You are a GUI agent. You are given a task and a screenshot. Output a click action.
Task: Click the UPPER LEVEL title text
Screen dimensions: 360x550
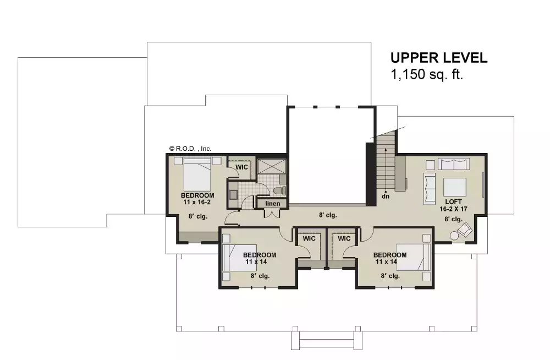[x=439, y=58]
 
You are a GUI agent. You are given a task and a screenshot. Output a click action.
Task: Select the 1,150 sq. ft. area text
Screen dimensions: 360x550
[x=427, y=75]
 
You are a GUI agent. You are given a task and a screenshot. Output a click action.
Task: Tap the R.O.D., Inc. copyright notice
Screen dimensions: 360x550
[x=190, y=148]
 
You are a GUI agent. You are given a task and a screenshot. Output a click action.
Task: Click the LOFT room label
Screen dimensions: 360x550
[x=454, y=202]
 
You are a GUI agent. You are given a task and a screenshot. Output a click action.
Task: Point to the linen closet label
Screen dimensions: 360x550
[x=273, y=204]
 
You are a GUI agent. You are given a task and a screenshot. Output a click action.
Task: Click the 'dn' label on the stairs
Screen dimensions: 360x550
[x=387, y=195]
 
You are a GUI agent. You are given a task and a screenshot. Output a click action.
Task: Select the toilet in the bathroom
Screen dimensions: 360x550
[x=279, y=190]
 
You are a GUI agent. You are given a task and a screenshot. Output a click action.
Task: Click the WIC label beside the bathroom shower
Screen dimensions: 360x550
[x=242, y=166]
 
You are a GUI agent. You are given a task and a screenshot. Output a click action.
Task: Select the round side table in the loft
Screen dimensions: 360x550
[x=454, y=236]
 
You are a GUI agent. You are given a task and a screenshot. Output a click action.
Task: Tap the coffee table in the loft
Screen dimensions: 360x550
[x=454, y=188]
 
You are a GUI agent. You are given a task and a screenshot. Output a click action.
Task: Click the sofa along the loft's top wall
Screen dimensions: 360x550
[x=454, y=165]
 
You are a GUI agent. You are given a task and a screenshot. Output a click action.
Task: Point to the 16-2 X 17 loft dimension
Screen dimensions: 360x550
[x=454, y=209]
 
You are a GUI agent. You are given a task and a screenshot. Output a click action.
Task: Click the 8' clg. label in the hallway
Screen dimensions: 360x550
[x=328, y=215]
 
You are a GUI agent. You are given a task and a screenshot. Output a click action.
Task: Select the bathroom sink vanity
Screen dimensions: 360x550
[x=233, y=194]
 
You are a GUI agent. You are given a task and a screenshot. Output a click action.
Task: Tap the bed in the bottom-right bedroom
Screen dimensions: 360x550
[x=413, y=258]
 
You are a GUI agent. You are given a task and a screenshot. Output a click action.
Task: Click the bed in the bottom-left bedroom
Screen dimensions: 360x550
[x=239, y=258]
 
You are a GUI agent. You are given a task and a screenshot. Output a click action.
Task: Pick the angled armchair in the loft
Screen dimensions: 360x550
[x=465, y=229]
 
